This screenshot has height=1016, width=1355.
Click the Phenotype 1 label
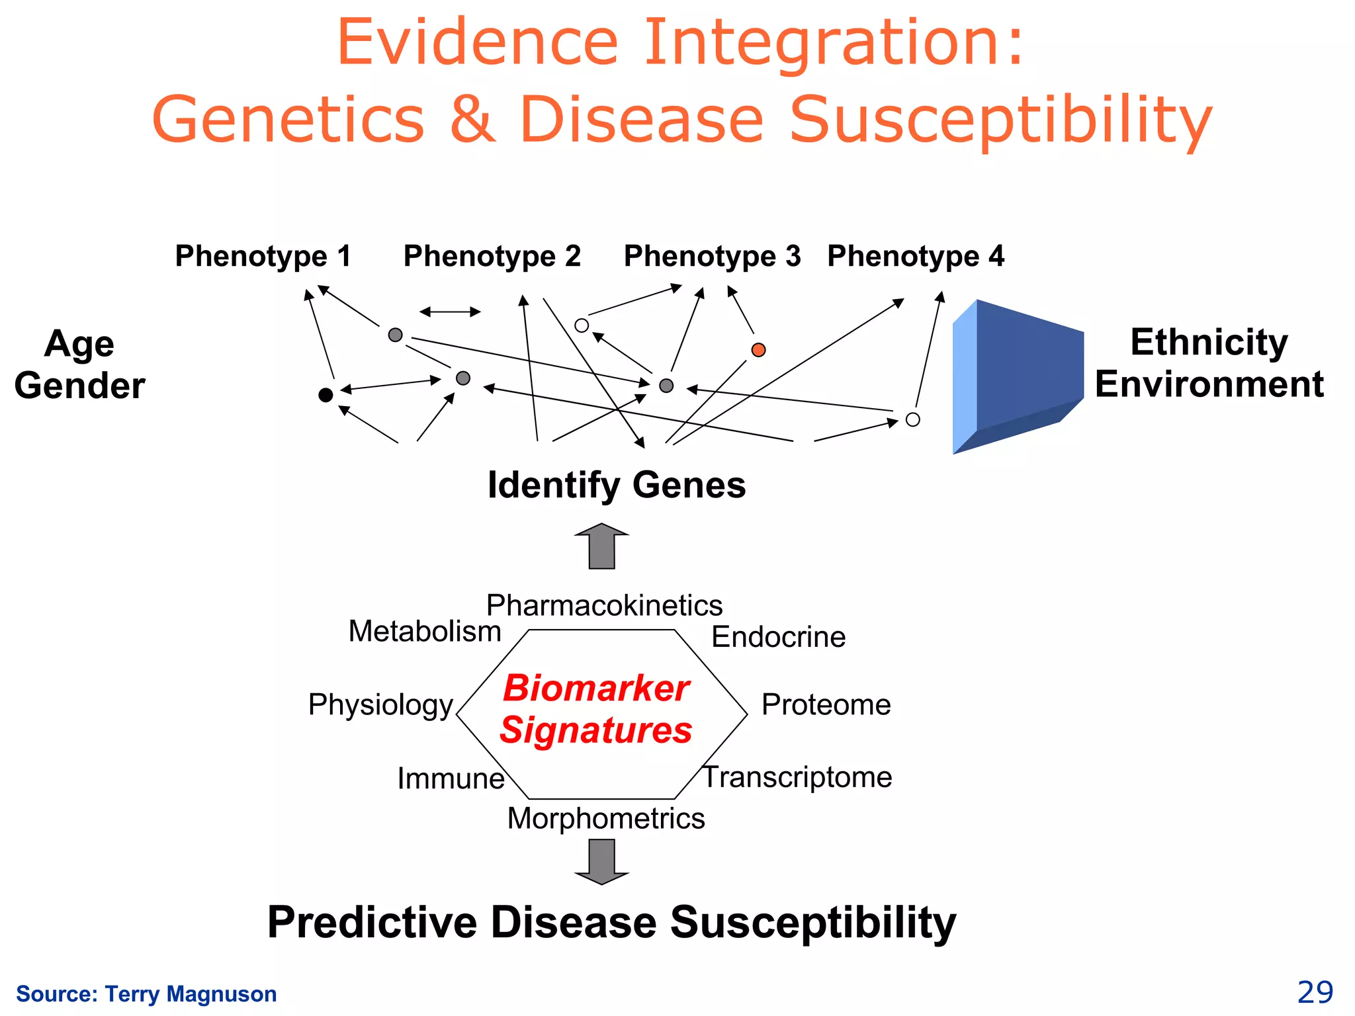[263, 257]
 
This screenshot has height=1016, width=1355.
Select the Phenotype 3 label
[712, 257]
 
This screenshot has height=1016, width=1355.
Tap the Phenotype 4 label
[916, 257]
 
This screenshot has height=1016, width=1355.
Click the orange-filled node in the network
[759, 350]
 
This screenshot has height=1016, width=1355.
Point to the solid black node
[326, 395]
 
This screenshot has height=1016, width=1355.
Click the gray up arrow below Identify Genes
[601, 546]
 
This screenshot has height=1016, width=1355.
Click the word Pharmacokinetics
[604, 605]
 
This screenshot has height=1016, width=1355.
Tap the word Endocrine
[778, 637]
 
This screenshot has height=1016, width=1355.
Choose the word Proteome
[826, 705]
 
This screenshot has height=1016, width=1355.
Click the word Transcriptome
[797, 777]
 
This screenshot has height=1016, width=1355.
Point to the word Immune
[451, 779]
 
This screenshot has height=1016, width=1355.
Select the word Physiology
[380, 705]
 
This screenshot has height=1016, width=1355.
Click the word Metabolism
[425, 632]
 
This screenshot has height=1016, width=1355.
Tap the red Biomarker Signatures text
[595, 709]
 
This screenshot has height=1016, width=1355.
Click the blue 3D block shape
[1019, 377]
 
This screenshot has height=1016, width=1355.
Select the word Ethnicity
[1209, 343]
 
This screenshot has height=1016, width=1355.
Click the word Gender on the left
[79, 386]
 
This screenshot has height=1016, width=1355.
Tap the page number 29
[1315, 993]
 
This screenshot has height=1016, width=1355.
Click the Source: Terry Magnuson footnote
[146, 994]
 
